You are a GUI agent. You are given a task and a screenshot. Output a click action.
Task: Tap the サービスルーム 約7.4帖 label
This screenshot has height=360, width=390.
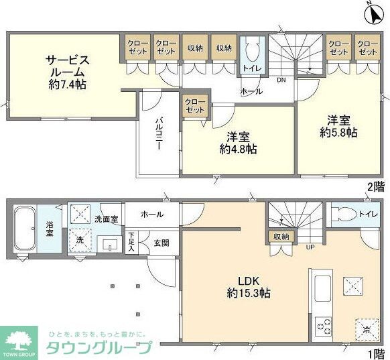[x=67, y=72]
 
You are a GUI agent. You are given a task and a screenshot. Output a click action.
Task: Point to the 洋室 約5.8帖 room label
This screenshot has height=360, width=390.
[x=338, y=126]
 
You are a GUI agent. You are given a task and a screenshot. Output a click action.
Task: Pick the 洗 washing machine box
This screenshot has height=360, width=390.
[x=79, y=241]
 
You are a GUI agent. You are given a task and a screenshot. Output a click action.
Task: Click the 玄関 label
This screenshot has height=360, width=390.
[x=161, y=242]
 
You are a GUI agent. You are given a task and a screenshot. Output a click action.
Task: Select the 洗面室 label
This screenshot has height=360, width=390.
[x=106, y=219]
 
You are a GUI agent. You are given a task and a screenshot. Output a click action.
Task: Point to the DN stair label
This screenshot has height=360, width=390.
[x=281, y=80]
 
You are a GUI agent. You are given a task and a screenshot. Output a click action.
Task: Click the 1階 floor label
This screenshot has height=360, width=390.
[x=377, y=353]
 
